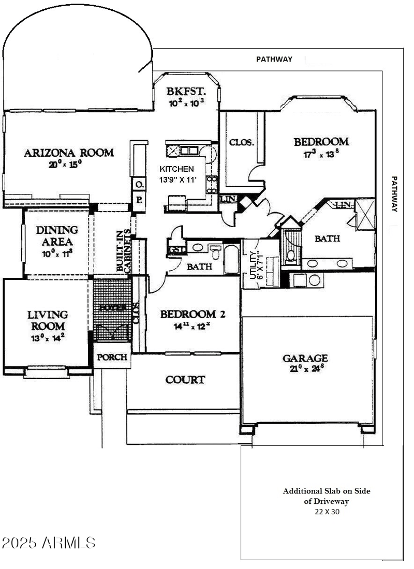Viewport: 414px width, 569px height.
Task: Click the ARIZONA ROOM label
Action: (69, 153)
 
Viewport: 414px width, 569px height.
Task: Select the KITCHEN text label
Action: (177, 169)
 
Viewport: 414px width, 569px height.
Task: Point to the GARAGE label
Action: (305, 358)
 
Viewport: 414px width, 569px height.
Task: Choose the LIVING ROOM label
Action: (48, 320)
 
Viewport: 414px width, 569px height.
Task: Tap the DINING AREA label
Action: (57, 235)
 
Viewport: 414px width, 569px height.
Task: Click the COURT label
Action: (185, 380)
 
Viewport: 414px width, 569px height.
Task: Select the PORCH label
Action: (112, 358)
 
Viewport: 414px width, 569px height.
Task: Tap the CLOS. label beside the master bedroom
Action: (242, 142)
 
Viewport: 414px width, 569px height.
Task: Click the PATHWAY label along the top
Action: (274, 59)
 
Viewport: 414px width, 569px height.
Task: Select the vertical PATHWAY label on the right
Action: (394, 194)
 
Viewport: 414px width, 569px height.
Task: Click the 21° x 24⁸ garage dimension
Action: (305, 369)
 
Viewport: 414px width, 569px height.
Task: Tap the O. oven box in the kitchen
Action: (139, 184)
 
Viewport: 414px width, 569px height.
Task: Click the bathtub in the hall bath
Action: (231, 258)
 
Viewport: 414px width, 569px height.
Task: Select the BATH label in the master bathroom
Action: (327, 238)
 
